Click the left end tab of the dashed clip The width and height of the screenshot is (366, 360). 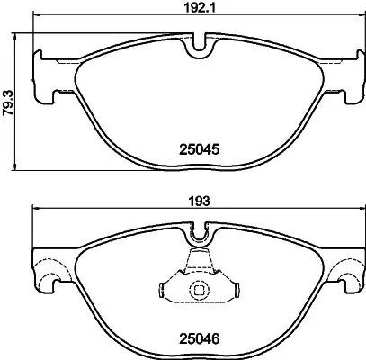163,291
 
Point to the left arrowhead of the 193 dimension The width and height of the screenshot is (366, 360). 36,210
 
